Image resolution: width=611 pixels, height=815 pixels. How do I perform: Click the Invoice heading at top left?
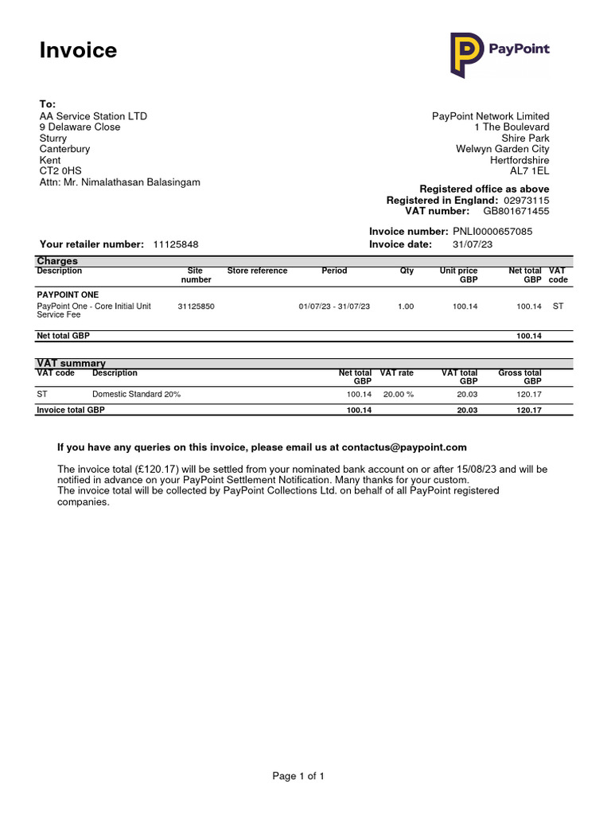tap(78, 50)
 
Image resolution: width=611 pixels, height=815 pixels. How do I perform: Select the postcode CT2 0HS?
tap(60, 171)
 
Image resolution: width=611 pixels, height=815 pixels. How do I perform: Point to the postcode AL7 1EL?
tap(529, 171)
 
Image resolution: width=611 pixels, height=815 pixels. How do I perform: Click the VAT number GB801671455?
tap(516, 211)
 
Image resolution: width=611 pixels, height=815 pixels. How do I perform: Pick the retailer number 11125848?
tap(175, 244)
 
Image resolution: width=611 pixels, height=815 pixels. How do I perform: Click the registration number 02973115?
tap(526, 200)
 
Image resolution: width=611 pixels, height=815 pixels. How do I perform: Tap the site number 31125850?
tap(196, 306)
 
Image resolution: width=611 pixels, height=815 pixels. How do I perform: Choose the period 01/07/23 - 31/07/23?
tap(334, 306)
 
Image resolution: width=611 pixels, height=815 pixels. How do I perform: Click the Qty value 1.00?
tap(406, 306)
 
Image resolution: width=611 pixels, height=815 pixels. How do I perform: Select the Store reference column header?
tap(257, 271)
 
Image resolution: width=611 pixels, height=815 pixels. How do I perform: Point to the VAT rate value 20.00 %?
tap(399, 394)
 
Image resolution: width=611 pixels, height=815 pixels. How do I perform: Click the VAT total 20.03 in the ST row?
tap(466, 394)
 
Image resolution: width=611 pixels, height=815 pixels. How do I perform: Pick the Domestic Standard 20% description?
tap(136, 394)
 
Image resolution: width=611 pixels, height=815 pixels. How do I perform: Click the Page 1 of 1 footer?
tap(298, 776)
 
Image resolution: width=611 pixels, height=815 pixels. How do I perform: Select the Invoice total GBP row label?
tap(71, 410)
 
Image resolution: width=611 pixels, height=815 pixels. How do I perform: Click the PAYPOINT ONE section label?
tap(68, 294)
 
